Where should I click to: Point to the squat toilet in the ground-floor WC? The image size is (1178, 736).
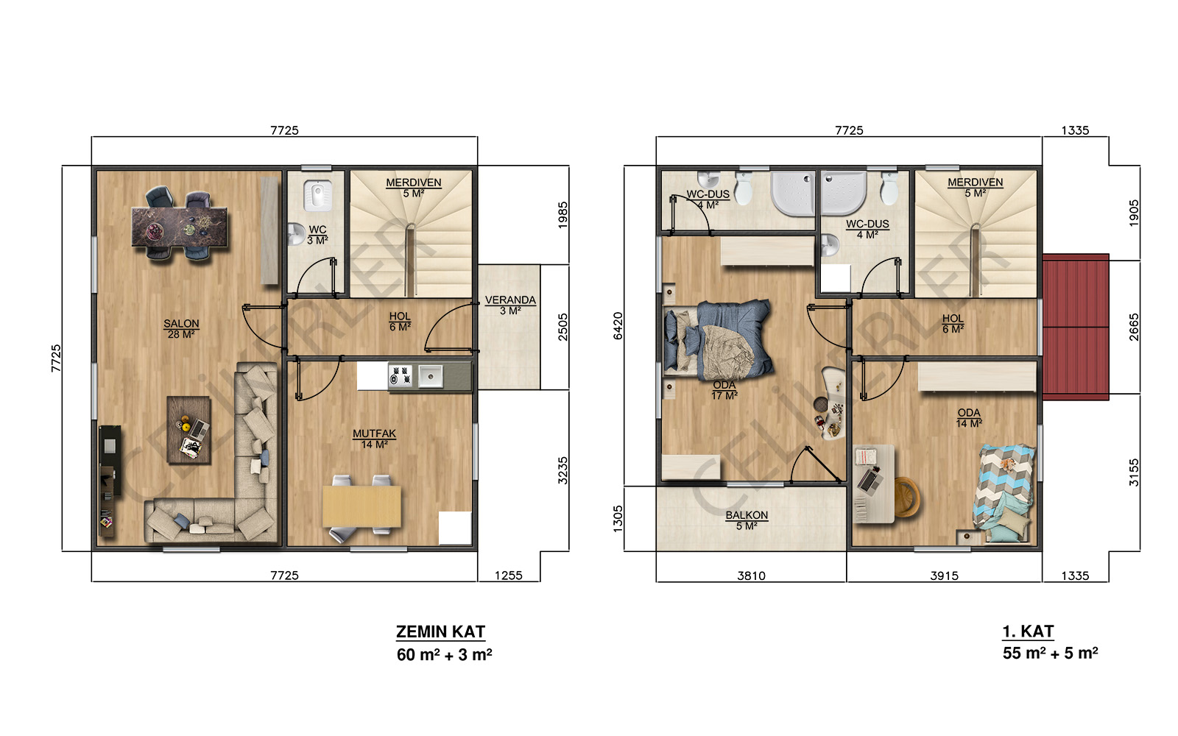click(317, 194)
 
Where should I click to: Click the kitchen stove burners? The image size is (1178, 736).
click(401, 376)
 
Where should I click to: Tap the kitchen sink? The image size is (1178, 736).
click(430, 376)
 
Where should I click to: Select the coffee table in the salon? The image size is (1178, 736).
click(188, 430)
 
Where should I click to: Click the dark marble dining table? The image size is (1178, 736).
click(180, 226)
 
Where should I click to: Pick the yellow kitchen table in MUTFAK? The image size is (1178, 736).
click(361, 506)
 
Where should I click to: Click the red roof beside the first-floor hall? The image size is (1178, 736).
click(1076, 327)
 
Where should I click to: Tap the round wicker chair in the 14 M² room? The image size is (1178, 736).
click(906, 497)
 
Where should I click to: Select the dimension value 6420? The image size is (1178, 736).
click(618, 326)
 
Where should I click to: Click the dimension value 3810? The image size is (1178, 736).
click(752, 576)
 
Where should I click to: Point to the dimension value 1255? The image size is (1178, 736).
click(509, 576)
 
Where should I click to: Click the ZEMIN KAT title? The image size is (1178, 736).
click(441, 631)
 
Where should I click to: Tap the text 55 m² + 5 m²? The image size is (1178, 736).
click(1050, 653)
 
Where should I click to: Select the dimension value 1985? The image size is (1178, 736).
click(563, 215)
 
